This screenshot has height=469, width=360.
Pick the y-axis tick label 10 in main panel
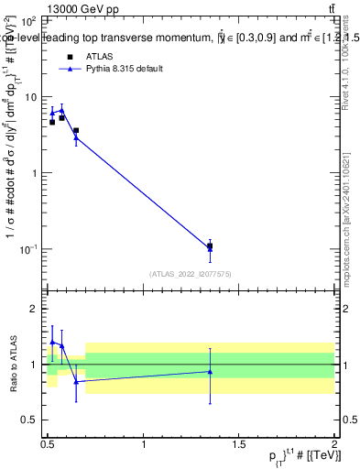pos(31,96)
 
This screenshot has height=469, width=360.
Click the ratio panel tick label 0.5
pos(29,420)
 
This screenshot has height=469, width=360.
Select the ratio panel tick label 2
pos(35,310)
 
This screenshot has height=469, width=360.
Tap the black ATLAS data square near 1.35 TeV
pos(211,245)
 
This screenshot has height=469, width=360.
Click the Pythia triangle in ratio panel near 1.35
pos(211,371)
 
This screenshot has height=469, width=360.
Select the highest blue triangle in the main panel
pos(61,110)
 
